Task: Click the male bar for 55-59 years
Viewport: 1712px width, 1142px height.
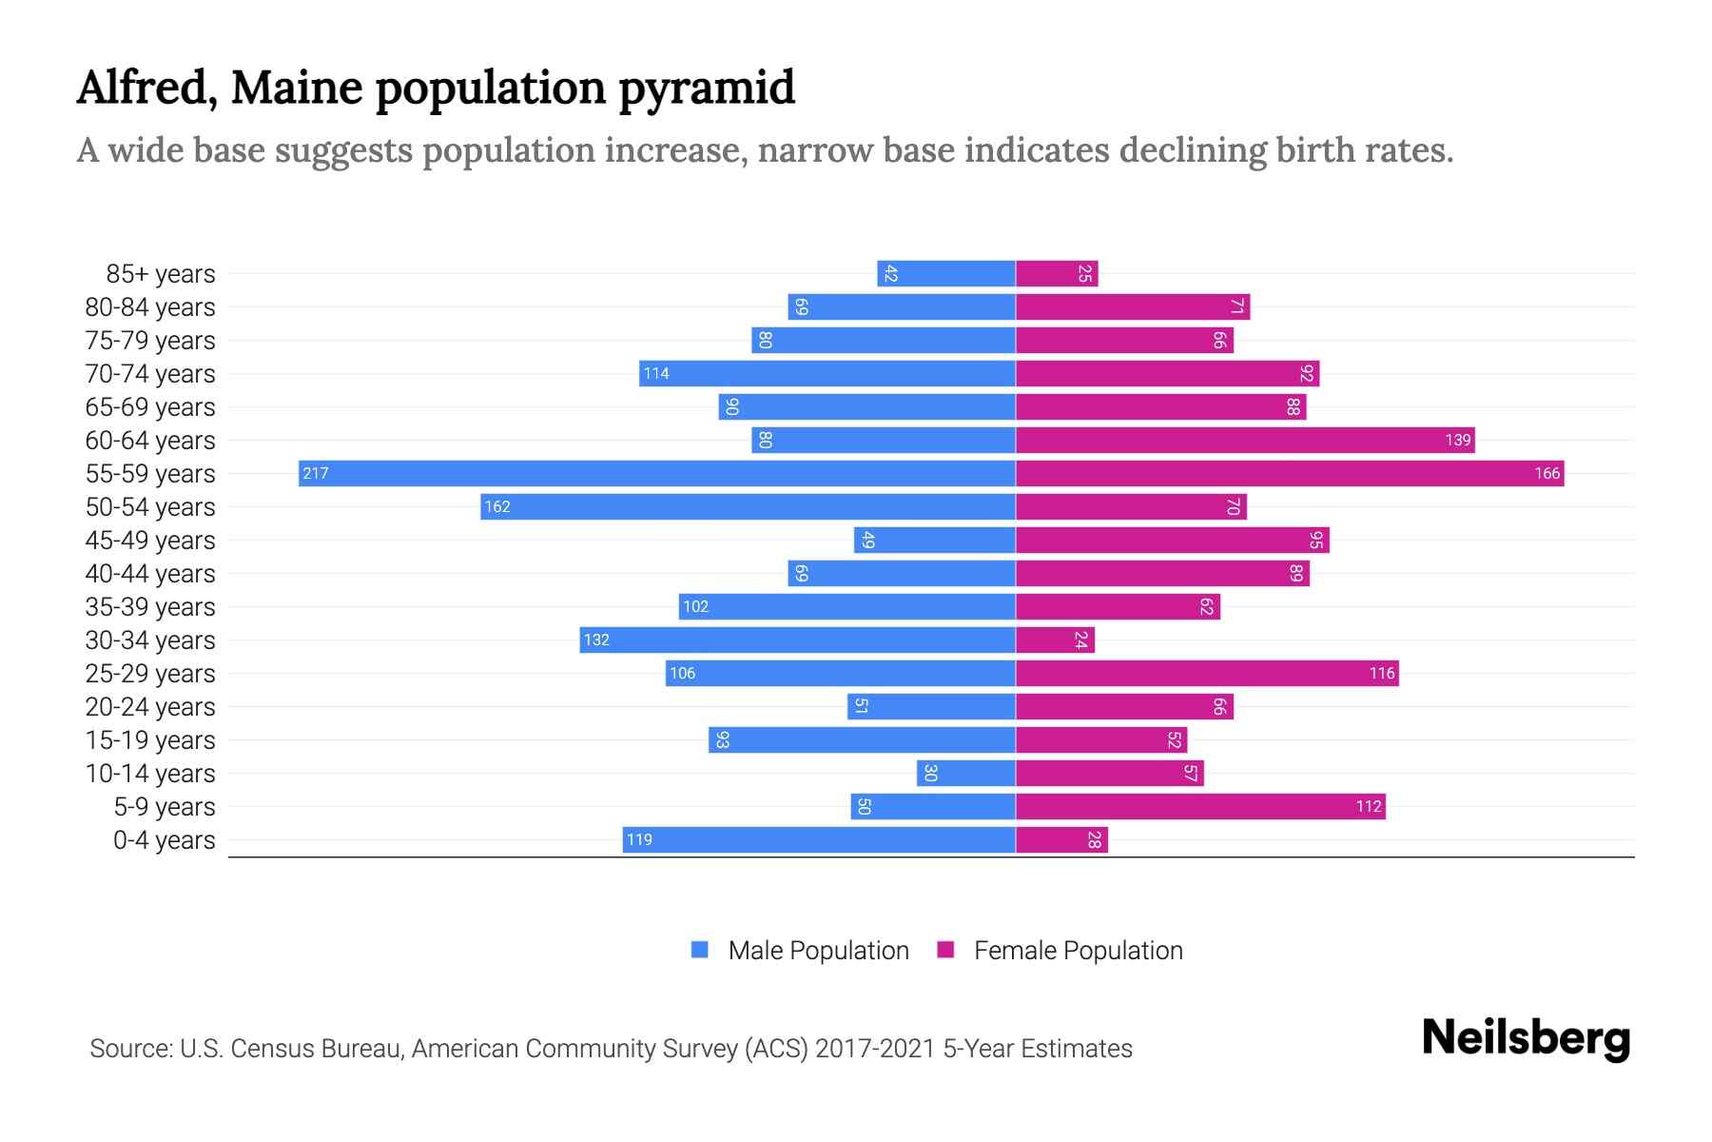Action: (x=656, y=473)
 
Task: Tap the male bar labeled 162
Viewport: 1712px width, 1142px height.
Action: (x=748, y=506)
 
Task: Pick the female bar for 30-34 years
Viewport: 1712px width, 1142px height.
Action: (x=1054, y=640)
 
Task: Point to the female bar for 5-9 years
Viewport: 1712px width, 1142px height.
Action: (x=1199, y=806)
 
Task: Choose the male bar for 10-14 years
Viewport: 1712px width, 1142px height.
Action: (x=965, y=773)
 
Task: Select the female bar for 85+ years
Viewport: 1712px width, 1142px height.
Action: (x=1056, y=273)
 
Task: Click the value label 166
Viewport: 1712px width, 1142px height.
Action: (x=1547, y=473)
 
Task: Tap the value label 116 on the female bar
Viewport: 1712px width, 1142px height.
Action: (x=1381, y=673)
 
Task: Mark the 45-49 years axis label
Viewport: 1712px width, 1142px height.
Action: (x=150, y=540)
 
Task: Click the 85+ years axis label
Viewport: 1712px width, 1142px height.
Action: (x=160, y=273)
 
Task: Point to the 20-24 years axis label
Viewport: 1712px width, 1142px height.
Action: (x=150, y=706)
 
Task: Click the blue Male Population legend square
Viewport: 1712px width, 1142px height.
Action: (x=700, y=950)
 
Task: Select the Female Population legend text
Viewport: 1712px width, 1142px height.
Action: (x=1078, y=950)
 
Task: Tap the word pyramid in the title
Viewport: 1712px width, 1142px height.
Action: (x=707, y=88)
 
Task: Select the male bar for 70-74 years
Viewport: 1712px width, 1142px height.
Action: (x=827, y=373)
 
